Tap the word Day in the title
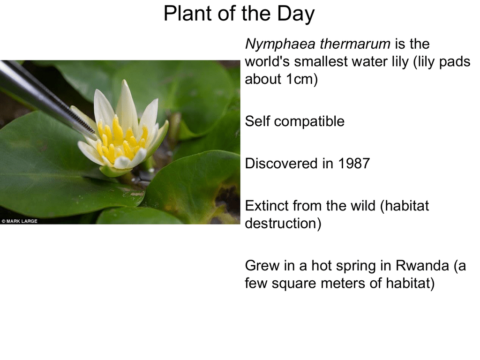[296, 15]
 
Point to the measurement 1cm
[299, 79]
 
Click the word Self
[257, 121]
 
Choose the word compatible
[309, 122]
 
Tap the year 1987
[354, 164]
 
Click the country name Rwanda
[422, 265]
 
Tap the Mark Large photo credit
[19, 221]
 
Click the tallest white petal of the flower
[126, 104]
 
